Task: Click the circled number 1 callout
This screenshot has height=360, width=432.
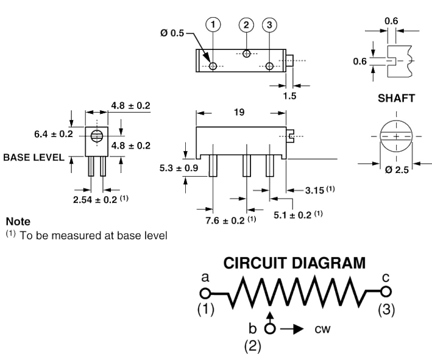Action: (x=213, y=25)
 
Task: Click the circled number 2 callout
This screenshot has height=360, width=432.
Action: (x=246, y=25)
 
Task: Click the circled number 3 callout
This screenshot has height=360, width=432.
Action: (x=269, y=25)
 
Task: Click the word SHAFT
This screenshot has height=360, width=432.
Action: (x=395, y=97)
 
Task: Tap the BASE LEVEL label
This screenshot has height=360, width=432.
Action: (x=34, y=157)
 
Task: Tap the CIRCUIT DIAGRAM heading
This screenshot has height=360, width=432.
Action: (x=295, y=263)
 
